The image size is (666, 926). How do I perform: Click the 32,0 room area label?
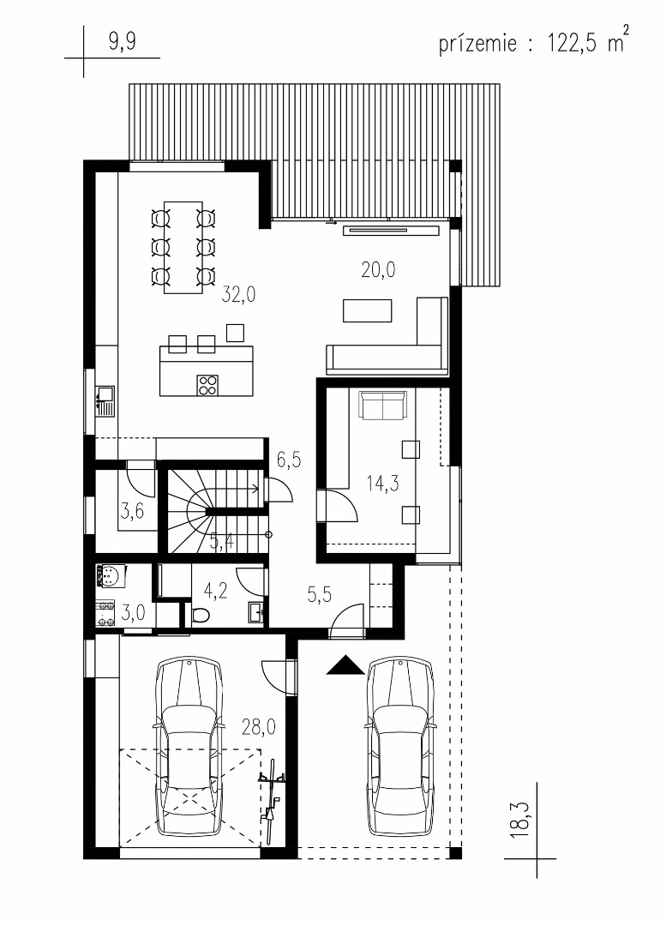[x=238, y=293]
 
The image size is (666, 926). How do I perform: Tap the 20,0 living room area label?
[x=378, y=270]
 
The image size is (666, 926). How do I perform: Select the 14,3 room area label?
[x=382, y=483]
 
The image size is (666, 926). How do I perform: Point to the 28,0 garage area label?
[x=259, y=726]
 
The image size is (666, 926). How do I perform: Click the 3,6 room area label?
[x=132, y=509]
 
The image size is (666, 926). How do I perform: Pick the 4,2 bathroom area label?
[x=215, y=591]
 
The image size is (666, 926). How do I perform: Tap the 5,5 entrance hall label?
[x=320, y=593]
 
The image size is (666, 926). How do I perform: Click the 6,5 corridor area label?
[x=289, y=459]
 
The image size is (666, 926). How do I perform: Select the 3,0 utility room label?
[x=133, y=612]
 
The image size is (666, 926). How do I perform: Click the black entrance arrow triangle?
[x=345, y=665]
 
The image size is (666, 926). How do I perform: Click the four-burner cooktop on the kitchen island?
[x=207, y=384]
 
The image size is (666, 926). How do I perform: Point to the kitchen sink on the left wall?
[x=105, y=400]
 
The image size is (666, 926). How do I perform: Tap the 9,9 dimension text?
[x=122, y=43]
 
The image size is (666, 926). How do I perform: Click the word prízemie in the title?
[x=477, y=44]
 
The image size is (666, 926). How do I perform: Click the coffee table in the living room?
[x=367, y=310]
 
